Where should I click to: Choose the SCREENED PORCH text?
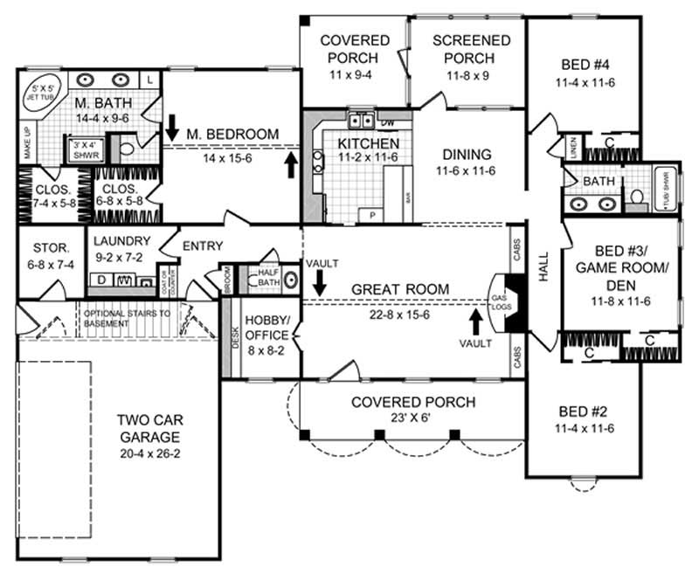tap(471, 49)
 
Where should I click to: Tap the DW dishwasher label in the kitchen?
tap(389, 121)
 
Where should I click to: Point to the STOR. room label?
tap(51, 246)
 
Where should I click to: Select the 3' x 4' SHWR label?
tap(84, 149)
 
